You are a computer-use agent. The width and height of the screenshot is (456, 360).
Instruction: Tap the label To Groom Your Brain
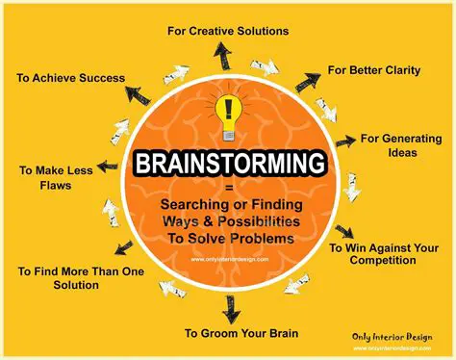[241, 333]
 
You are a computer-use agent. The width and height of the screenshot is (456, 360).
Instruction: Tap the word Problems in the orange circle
[272, 237]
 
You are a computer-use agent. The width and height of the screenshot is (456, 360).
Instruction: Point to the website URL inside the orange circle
[229, 257]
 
